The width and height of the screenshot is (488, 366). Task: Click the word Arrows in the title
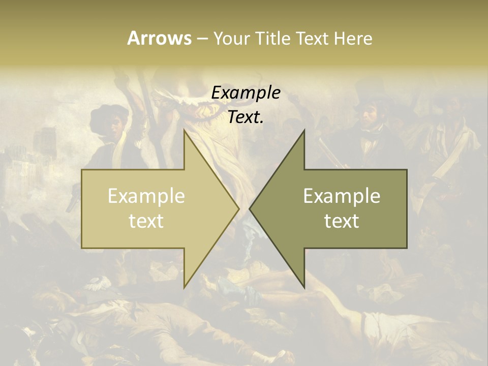tap(159, 38)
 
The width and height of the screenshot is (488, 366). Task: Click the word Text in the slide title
tap(313, 38)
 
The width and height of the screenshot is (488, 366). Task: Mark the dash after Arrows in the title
tap(202, 39)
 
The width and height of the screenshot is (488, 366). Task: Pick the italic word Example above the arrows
tap(246, 93)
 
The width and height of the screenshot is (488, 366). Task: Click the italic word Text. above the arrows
tap(246, 117)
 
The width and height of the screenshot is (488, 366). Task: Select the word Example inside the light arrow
tap(146, 196)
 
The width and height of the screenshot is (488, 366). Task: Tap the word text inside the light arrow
tap(146, 221)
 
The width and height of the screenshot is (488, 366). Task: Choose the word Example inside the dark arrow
tap(342, 196)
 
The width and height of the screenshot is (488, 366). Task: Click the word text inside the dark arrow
tap(342, 221)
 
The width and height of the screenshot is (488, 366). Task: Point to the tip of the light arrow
tap(238, 208)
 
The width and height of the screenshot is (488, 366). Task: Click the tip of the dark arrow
tap(250, 208)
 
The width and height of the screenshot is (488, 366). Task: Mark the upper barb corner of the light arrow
tap(184, 130)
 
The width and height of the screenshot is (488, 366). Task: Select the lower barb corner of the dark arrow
tap(304, 287)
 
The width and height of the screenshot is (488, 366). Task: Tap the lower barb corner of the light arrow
tap(184, 287)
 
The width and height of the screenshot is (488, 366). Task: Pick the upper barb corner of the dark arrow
tap(304, 130)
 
